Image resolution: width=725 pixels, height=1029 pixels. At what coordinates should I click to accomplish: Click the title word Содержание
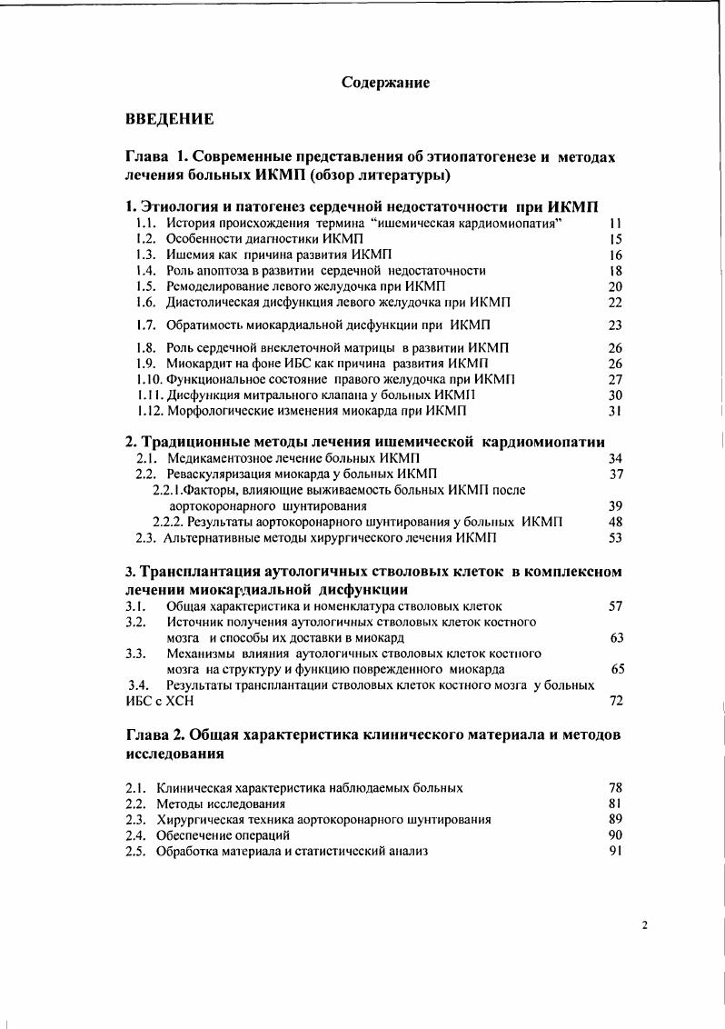point(385,83)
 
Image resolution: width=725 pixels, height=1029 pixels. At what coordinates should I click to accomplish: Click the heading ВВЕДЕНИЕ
point(170,119)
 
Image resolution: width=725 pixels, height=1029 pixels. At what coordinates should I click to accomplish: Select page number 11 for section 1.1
point(615,224)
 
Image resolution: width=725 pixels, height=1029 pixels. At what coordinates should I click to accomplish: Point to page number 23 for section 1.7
point(615,325)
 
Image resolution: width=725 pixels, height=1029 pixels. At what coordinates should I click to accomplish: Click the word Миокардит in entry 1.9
point(197,364)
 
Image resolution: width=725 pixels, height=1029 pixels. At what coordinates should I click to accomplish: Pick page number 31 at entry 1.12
point(615,411)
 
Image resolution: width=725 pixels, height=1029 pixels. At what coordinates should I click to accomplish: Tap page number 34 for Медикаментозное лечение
point(615,458)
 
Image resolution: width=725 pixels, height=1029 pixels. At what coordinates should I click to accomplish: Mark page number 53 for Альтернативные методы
point(615,538)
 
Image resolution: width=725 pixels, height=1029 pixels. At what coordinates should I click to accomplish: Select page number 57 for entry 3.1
point(615,605)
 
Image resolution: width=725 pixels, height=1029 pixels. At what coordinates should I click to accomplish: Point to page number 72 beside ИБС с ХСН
point(615,702)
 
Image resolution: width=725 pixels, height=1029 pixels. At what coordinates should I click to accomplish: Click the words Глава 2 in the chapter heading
point(154,735)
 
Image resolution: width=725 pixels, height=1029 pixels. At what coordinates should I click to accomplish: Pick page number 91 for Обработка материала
point(615,852)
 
